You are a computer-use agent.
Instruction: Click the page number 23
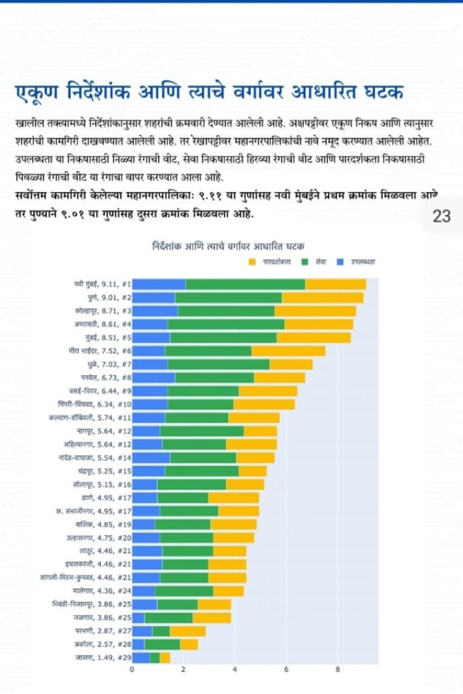442,215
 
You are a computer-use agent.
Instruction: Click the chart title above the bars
228,246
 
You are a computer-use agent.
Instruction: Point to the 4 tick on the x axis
235,669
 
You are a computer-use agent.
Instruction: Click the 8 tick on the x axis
337,669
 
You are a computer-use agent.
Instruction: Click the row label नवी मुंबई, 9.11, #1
101,284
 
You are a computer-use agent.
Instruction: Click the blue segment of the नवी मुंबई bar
159,284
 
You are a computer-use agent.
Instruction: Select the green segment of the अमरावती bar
226,324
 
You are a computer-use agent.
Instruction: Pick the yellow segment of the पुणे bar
322,298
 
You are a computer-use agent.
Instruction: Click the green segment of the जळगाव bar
169,617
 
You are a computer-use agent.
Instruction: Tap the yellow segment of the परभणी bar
188,631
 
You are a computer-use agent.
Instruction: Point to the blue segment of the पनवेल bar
154,377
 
